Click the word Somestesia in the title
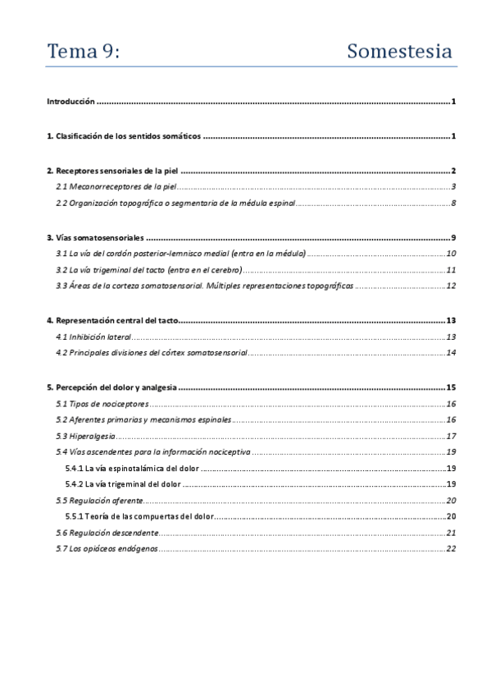(x=399, y=52)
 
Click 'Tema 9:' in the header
(x=83, y=52)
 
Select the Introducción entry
(x=71, y=102)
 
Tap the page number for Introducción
(x=452, y=102)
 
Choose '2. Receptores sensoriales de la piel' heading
(x=112, y=171)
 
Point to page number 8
(x=452, y=204)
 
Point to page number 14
(x=451, y=353)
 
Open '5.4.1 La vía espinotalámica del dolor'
(x=131, y=468)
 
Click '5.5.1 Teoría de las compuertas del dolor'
(x=139, y=516)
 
